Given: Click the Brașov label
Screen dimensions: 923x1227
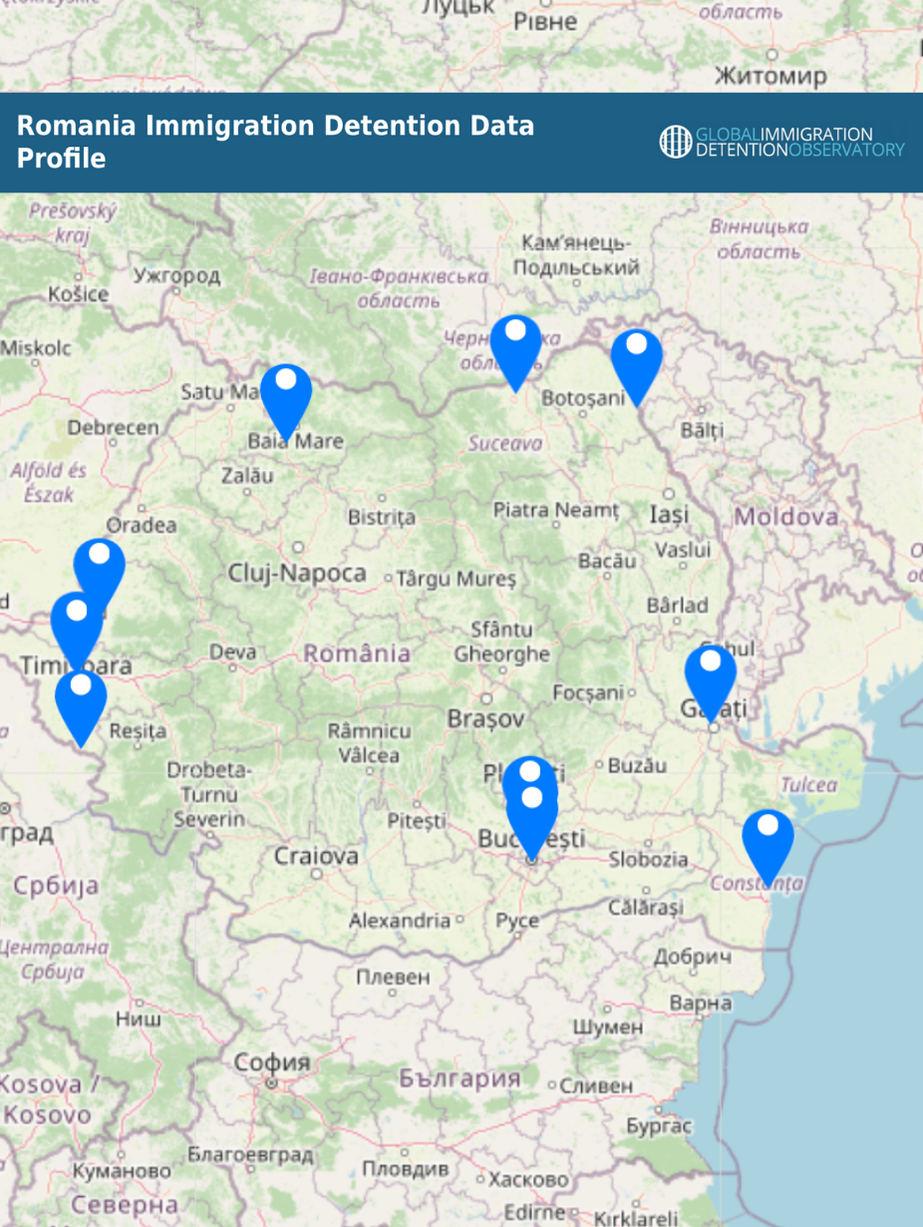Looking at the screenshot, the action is (486, 718).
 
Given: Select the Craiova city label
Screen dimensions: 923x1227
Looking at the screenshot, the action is (316, 856).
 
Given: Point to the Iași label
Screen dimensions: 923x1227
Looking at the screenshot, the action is (669, 515).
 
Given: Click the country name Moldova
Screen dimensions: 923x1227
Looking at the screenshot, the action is (786, 517).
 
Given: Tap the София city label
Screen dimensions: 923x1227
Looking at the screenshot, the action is (271, 1063).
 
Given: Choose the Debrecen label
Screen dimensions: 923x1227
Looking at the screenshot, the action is (113, 428).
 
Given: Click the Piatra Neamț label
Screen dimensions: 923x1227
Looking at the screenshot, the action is (556, 511).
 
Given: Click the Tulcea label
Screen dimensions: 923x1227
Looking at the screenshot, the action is (808, 785).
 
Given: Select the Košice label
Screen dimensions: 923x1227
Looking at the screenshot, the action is (78, 294).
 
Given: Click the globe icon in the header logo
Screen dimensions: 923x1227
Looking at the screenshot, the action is (675, 142).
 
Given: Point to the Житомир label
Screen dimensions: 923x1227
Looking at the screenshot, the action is (770, 76).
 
